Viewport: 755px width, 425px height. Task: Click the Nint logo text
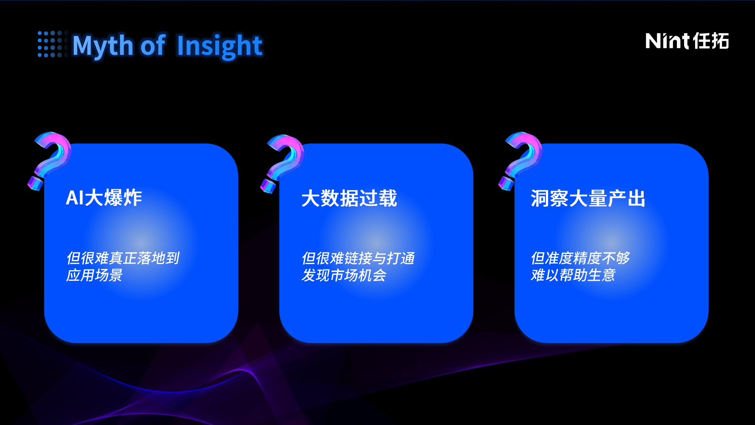click(668, 41)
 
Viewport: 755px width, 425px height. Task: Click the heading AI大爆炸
click(104, 198)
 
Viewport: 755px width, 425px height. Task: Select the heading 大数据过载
click(349, 198)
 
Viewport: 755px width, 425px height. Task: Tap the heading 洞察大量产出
click(588, 198)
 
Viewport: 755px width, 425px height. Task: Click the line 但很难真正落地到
click(123, 258)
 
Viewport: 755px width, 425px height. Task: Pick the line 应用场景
click(94, 275)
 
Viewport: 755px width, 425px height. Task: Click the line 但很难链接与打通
click(358, 258)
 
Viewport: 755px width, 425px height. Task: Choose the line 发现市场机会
click(344, 275)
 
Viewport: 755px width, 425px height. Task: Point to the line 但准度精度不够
click(580, 258)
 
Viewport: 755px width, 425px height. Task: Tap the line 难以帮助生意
click(573, 275)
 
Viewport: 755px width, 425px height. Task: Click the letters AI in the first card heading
click(75, 198)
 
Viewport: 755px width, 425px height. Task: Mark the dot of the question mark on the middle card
click(268, 186)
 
